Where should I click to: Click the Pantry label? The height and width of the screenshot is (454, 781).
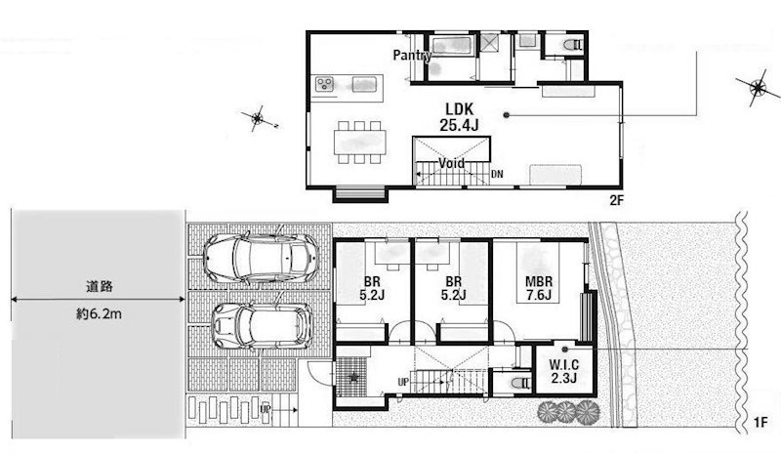[x=412, y=55]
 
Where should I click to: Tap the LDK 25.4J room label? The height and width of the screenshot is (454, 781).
[x=459, y=117]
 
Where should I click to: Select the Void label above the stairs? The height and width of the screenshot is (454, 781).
[x=451, y=163]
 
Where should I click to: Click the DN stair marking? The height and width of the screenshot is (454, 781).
[x=497, y=174]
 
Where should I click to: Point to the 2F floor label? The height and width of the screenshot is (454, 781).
[x=617, y=200]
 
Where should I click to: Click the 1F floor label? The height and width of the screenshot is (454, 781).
[x=760, y=423]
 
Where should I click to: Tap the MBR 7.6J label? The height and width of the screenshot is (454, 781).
[x=539, y=289]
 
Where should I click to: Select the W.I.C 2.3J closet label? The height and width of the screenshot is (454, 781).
[x=564, y=371]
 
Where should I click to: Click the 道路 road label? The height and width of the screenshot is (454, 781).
[x=100, y=286]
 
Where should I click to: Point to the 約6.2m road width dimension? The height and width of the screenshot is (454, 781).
[x=99, y=314]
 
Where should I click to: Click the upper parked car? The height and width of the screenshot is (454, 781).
[x=260, y=259]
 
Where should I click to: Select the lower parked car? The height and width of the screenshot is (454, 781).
[x=262, y=326]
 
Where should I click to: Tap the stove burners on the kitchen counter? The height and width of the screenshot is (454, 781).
[x=325, y=84]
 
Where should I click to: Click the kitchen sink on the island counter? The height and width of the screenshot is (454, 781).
[x=364, y=84]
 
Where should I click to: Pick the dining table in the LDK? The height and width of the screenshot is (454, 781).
[x=360, y=143]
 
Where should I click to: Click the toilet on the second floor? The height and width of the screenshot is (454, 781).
[x=571, y=45]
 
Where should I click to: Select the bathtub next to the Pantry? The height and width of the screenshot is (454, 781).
[x=451, y=46]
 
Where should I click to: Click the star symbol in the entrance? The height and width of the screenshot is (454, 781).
[x=353, y=377]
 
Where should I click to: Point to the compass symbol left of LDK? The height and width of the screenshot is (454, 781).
[x=257, y=118]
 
